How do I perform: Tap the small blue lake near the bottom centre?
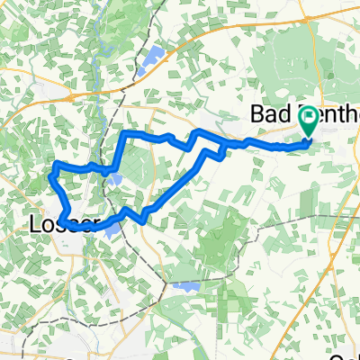185,286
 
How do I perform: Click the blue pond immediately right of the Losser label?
110,229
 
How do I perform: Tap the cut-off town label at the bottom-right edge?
346,354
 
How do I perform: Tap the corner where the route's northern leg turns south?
124,134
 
